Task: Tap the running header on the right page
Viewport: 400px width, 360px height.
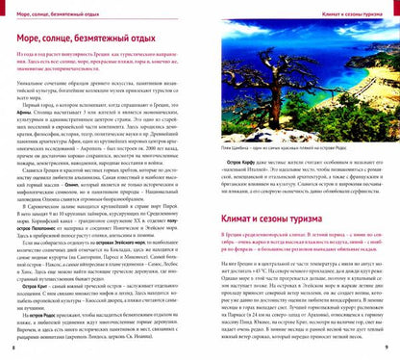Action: [347, 9]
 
